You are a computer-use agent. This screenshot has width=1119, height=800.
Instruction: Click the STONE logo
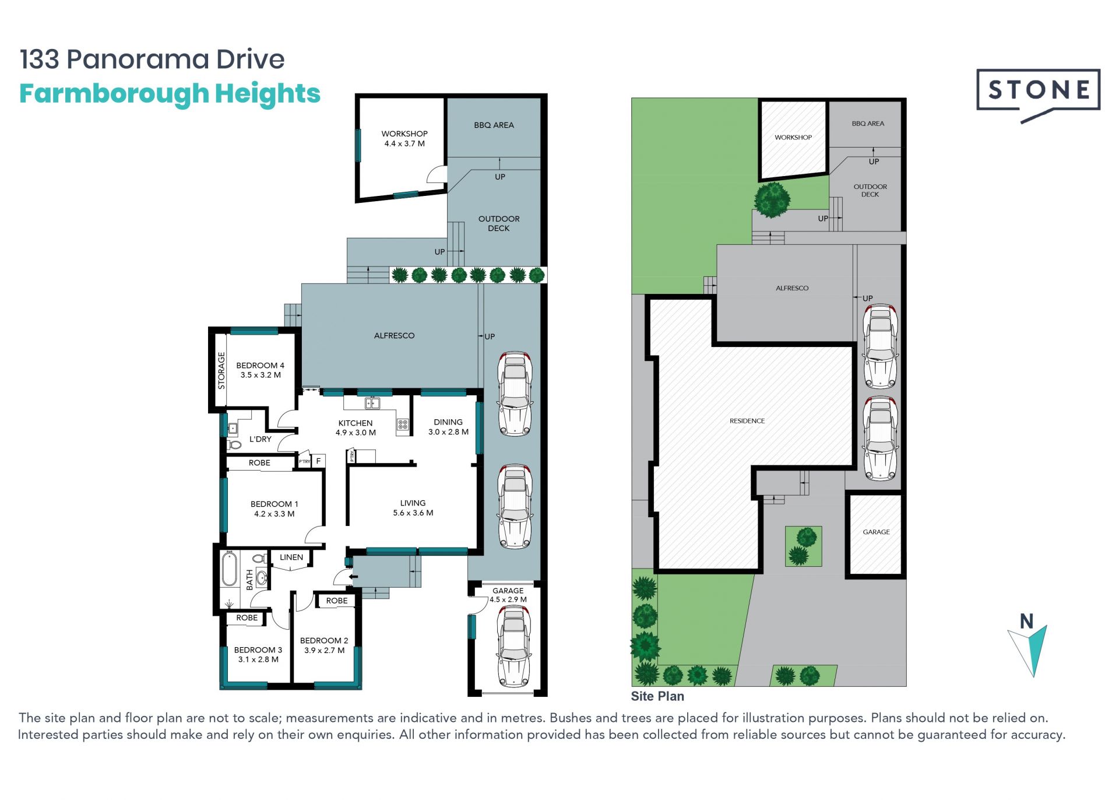[x=1038, y=93]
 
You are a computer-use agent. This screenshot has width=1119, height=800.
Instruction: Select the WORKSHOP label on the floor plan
[x=404, y=134]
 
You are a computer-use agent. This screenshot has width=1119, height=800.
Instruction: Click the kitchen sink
[x=372, y=403]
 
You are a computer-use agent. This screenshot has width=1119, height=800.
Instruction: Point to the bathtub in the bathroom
[x=230, y=568]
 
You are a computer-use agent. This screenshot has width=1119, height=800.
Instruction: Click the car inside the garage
[x=513, y=646]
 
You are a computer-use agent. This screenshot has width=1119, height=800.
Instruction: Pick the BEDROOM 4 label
[x=260, y=366]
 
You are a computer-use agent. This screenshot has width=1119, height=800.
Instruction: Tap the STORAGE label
[x=221, y=370]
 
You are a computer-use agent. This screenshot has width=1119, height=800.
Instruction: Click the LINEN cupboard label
[x=291, y=557]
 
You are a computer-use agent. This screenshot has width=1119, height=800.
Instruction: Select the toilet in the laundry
[x=234, y=445]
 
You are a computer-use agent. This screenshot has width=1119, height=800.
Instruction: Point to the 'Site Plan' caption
[x=657, y=696]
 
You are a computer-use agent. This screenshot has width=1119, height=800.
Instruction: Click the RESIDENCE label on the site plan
[x=747, y=421]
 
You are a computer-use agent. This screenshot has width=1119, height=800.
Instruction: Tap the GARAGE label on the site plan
[x=877, y=532]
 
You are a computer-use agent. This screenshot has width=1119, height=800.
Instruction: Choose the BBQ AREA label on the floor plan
[x=494, y=125]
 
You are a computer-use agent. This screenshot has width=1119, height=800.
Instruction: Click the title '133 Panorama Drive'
[x=152, y=59]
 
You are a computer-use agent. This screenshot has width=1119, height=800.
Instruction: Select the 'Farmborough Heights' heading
[x=170, y=94]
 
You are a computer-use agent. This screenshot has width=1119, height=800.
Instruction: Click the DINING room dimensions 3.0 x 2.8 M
[x=449, y=432]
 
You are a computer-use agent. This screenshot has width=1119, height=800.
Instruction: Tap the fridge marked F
[x=318, y=461]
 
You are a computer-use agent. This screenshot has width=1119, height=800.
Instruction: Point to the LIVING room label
[x=413, y=503]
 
